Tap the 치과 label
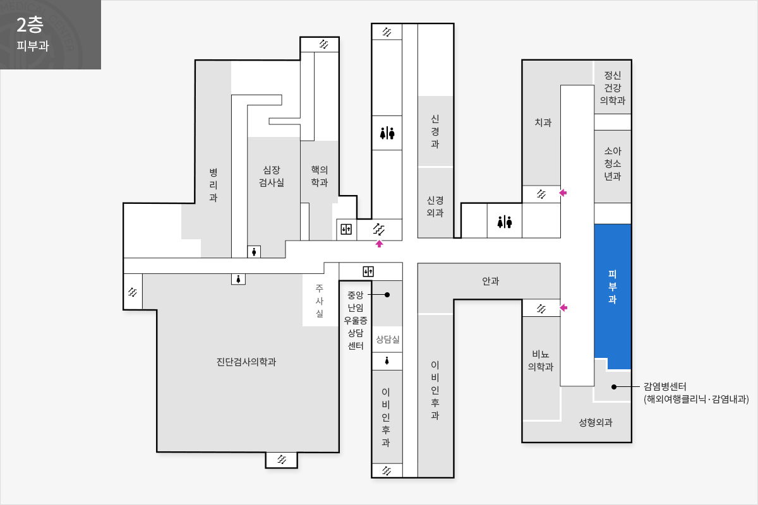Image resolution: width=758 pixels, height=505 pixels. point(543,122)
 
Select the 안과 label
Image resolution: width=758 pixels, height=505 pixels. point(490,281)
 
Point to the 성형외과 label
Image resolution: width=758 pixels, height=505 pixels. point(596,422)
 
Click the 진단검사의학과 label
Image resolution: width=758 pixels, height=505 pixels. point(246,362)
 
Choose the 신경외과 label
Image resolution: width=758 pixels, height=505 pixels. point(435,206)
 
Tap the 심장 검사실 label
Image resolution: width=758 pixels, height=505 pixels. point(272,176)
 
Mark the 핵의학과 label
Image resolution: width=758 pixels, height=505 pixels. point(320,176)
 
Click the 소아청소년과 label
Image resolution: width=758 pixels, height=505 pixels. point(613,163)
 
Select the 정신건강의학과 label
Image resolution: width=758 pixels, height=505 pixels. point(613,88)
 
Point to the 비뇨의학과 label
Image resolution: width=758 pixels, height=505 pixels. point(541,360)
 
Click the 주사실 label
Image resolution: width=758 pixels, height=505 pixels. point(320,300)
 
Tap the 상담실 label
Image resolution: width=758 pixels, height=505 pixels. point(387,339)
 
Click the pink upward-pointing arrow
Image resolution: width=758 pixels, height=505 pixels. point(379,244)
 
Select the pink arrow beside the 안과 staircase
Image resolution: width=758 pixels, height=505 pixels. point(563,307)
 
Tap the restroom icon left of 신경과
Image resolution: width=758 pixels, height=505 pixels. point(387,133)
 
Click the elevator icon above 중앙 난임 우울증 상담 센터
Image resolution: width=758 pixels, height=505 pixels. point(368,271)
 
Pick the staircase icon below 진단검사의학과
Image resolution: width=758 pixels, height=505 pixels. point(282,460)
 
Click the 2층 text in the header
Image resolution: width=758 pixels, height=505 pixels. point(30,25)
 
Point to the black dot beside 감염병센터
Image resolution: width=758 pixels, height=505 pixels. point(614,386)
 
